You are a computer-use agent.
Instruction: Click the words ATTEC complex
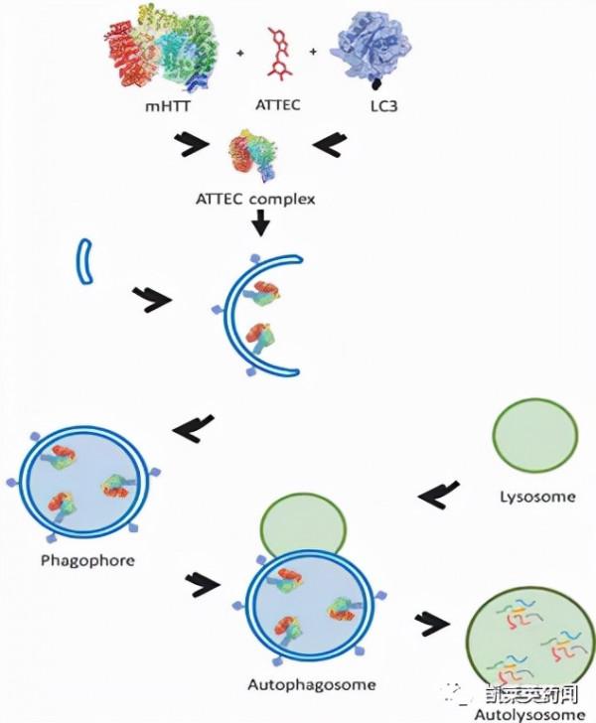pyautogui.click(x=256, y=199)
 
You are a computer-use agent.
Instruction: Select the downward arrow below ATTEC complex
pyautogui.click(x=259, y=226)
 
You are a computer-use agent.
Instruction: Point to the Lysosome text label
pyautogui.click(x=534, y=497)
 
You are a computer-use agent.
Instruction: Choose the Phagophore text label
pyautogui.click(x=87, y=559)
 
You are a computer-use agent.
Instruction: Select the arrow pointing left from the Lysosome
pyautogui.click(x=438, y=492)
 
